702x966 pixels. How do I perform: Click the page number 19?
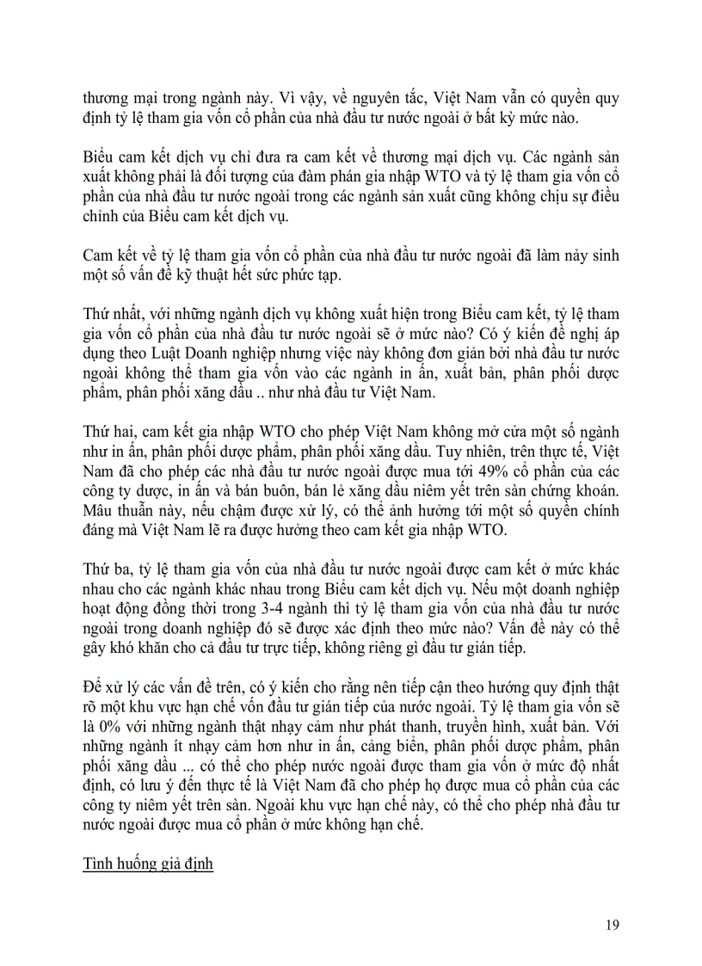(x=612, y=925)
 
